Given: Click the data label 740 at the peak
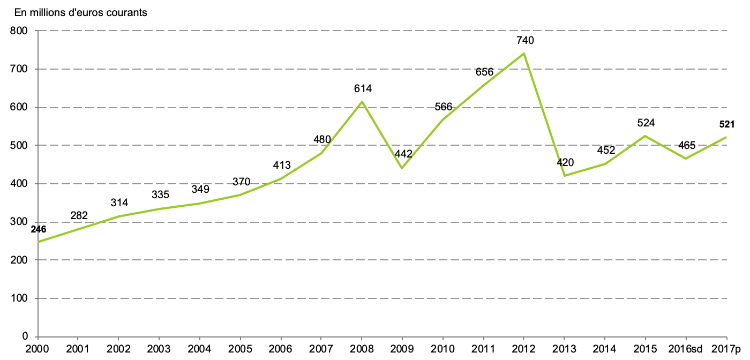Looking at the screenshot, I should pos(525,40).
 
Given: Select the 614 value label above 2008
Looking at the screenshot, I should pos(363,88).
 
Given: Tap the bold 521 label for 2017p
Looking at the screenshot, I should pos(726,125).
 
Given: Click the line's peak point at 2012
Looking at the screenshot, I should pos(524,54).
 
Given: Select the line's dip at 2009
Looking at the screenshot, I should pos(402,168).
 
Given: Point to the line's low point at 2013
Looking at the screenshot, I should pos(565,176).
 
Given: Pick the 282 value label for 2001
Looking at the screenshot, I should pos(79,215).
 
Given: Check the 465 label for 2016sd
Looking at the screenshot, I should pos(687,145).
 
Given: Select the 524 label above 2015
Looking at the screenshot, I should pos(646,123).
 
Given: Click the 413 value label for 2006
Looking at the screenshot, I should pos(281,165).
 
